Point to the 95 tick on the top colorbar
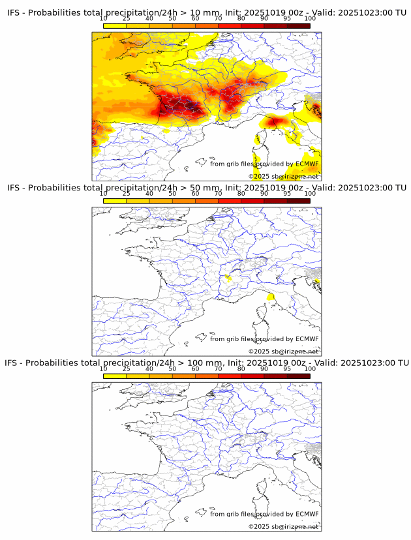tap(287, 19)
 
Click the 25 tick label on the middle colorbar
tap(127, 194)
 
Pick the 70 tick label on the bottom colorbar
tap(218, 368)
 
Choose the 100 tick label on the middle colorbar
tap(310, 194)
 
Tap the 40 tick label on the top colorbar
tap(149, 19)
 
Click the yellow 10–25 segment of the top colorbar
tap(115, 25)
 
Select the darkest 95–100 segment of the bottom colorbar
tap(299, 375)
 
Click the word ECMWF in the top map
tap(307, 164)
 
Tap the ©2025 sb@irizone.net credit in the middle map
tap(283, 352)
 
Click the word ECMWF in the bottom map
tap(307, 514)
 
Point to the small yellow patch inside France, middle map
tap(228, 278)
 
